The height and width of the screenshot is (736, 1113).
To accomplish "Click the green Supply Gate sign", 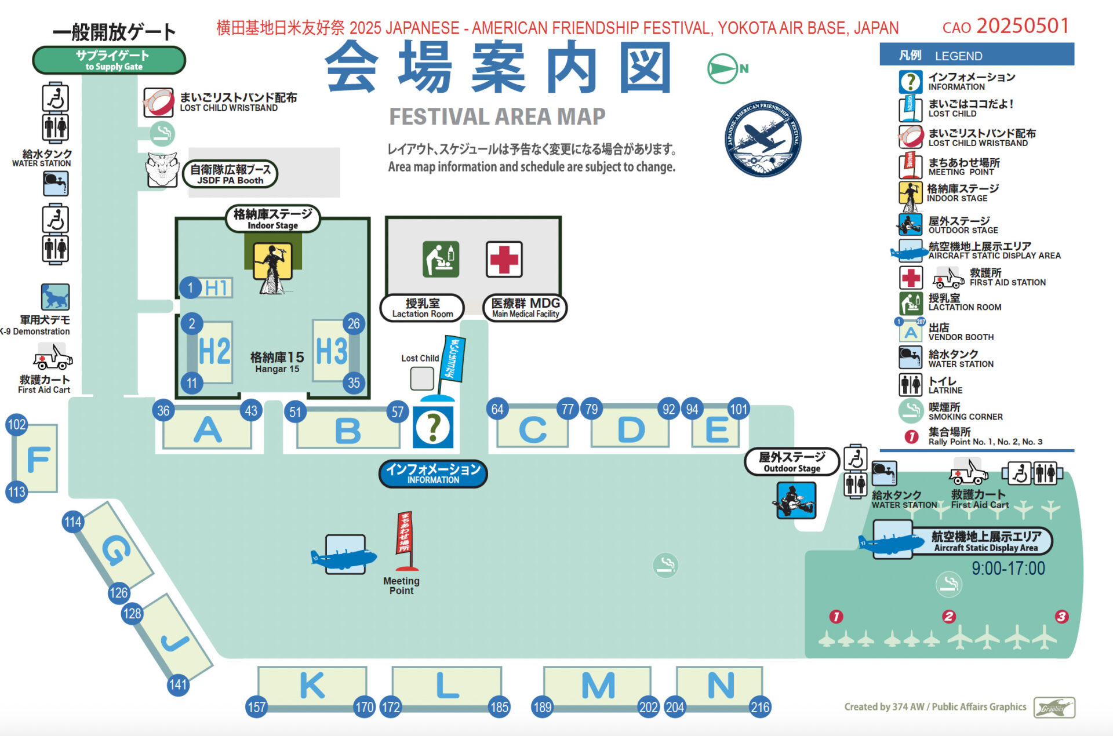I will coord(109,60).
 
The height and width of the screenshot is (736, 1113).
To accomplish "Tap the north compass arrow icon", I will coord(723,68).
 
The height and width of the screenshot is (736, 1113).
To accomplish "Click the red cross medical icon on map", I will coord(504,259).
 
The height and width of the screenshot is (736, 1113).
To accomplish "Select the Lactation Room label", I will coord(422,308).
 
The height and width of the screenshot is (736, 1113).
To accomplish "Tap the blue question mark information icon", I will coord(433,428).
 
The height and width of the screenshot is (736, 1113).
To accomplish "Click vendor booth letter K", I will coord(312,686).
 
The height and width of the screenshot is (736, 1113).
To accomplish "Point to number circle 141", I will coord(178,685).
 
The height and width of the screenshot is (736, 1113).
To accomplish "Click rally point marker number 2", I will coord(948,616).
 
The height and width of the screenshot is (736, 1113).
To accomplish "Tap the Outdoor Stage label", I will coord(792,462).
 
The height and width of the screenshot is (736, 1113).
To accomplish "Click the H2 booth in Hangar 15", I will coord(214,351).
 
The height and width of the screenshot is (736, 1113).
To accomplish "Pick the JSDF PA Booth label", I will coord(230,174).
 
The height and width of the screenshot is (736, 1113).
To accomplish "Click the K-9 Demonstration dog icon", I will coord(55,297).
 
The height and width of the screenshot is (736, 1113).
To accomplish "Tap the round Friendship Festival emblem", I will coord(763,139).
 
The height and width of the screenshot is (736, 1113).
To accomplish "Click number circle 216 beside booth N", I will coord(760,707).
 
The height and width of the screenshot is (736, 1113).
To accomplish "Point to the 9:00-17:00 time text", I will coord(1008,569).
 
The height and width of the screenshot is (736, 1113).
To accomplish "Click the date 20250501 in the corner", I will coord(1023,26).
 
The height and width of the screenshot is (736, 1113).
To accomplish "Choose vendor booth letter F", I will coord(38,460).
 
